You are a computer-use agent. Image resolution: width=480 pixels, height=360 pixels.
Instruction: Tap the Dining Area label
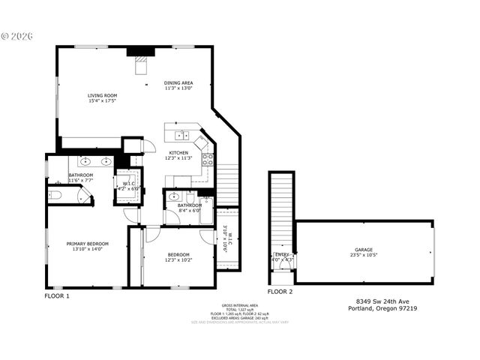[178, 82]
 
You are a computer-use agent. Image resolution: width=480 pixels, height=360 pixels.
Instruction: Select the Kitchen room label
[178, 152]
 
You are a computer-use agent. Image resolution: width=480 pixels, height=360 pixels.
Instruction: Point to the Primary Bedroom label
[88, 244]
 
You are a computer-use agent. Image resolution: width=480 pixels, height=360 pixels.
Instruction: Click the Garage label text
[364, 250]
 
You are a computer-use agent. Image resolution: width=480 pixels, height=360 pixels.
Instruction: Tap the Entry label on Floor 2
[282, 255]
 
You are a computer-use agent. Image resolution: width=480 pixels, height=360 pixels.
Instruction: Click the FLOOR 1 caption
[57, 295]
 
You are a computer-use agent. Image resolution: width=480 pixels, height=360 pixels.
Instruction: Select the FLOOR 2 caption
[280, 291]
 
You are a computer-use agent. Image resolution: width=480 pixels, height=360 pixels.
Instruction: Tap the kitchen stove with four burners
[208, 159]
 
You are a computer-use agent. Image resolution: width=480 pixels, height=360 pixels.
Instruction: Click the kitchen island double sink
[181, 136]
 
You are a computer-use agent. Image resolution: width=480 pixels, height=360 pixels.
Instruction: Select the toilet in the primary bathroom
[55, 195]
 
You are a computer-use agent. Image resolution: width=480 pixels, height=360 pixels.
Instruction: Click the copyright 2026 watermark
[16, 35]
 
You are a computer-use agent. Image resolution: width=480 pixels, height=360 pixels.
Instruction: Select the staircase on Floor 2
[282, 210]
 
